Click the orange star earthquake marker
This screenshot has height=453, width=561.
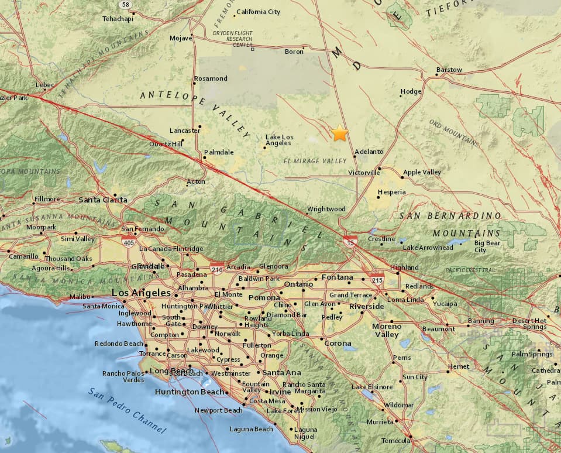[x=339, y=133]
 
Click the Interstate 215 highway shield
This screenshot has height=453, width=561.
[x=377, y=279]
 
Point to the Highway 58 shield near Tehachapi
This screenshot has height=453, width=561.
[x=124, y=5]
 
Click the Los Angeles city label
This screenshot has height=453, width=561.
[x=141, y=293]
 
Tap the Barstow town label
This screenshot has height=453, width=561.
[x=449, y=70]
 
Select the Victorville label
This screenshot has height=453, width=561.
[x=364, y=173]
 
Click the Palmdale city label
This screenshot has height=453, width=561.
[x=219, y=152]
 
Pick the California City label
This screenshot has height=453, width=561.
[x=258, y=12]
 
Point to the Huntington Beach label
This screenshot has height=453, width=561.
[x=189, y=392]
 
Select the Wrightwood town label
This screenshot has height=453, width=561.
[x=326, y=209]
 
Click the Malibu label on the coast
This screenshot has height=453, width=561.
[x=81, y=297]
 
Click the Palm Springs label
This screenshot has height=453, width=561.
[x=532, y=354]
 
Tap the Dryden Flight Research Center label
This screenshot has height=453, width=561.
[x=235, y=40]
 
